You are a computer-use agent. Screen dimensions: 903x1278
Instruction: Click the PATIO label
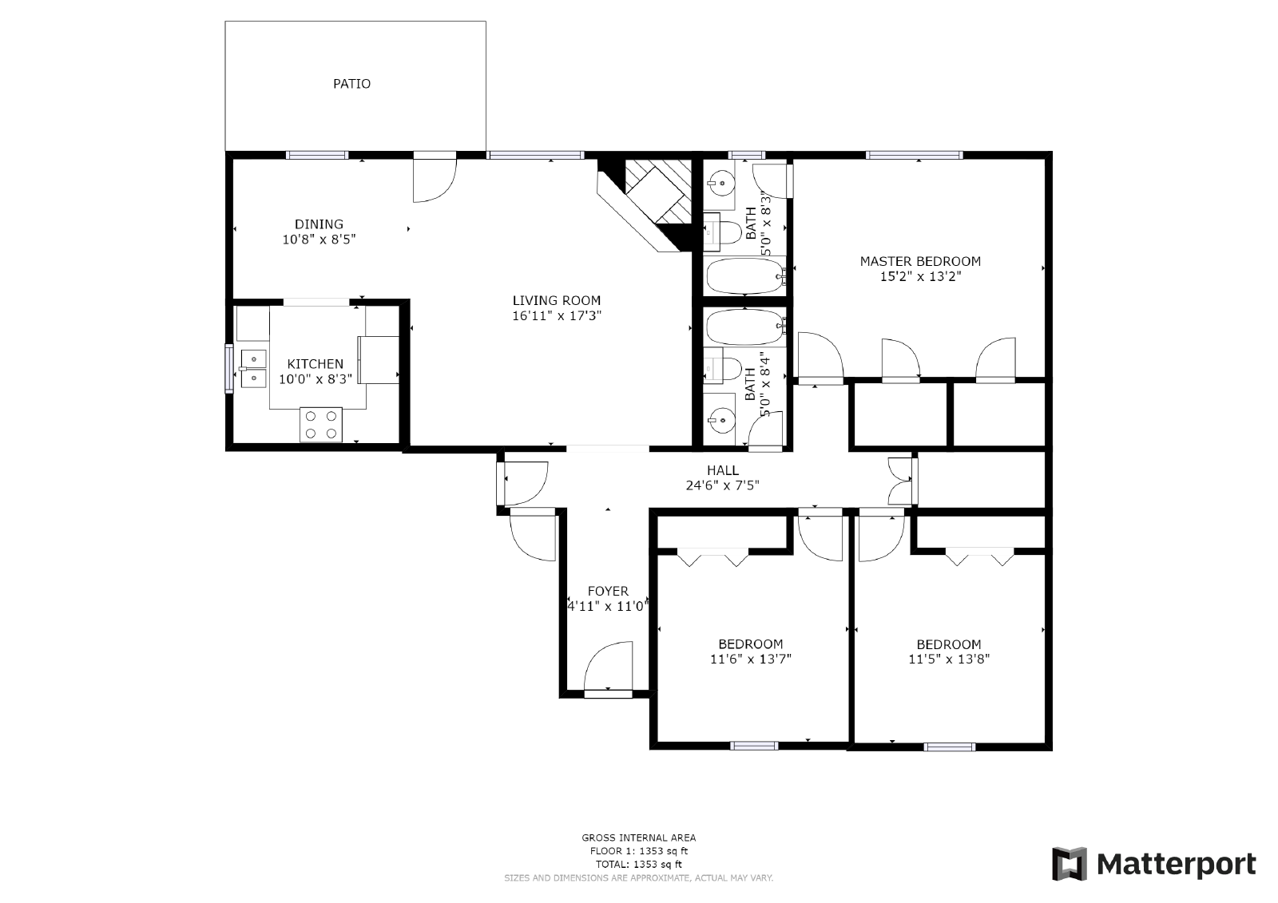[x=351, y=83]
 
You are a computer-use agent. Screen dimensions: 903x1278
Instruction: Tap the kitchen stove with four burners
[x=320, y=424]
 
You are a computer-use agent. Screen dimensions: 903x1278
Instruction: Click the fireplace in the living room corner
[x=651, y=198]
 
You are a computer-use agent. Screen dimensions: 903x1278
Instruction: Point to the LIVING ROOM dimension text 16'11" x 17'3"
[x=557, y=316]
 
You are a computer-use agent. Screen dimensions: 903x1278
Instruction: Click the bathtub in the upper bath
[x=744, y=275]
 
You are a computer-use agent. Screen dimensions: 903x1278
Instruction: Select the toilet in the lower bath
[x=724, y=368]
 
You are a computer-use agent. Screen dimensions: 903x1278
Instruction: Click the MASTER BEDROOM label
[x=920, y=261]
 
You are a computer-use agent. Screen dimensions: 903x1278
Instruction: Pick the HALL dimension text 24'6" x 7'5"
[x=722, y=485]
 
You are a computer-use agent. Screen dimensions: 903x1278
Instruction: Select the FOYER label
[x=608, y=591]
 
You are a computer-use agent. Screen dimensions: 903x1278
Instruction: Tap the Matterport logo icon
[x=1070, y=865]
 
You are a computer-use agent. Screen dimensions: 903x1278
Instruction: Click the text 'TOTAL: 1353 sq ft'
[x=638, y=864]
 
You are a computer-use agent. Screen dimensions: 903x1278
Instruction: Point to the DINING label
[x=319, y=224]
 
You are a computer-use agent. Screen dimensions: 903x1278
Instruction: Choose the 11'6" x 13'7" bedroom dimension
[x=750, y=659]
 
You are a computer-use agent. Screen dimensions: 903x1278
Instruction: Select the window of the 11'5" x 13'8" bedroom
[x=949, y=747]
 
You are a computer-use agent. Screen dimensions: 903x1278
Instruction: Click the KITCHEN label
[x=316, y=364]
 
